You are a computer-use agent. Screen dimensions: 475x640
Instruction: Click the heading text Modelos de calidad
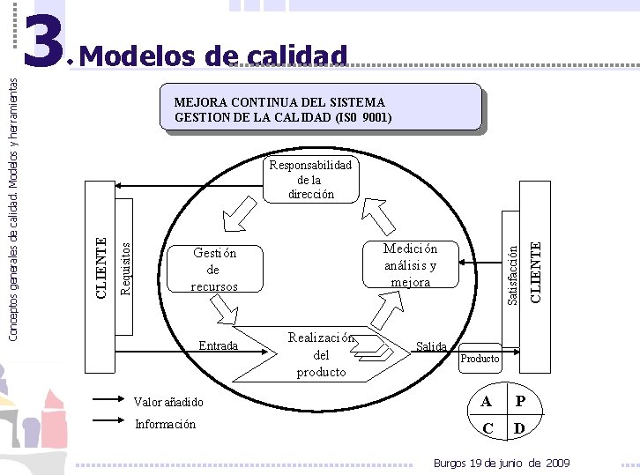click(217, 56)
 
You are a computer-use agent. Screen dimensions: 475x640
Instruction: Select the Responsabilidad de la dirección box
click(310, 180)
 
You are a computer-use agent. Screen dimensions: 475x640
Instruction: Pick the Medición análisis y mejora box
click(411, 265)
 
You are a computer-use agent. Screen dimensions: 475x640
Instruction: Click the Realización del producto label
click(321, 355)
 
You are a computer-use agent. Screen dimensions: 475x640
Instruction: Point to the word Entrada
click(218, 345)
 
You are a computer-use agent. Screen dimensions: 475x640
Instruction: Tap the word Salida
click(432, 346)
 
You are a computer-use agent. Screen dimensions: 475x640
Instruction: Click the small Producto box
click(480, 358)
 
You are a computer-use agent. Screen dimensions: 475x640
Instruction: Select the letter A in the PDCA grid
click(487, 402)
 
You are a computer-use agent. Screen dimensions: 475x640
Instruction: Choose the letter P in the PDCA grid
click(521, 402)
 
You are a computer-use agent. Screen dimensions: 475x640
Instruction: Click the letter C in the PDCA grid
click(487, 429)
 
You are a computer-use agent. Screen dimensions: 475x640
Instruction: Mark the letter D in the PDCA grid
click(521, 429)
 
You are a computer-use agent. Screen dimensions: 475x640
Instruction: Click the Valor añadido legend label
click(168, 402)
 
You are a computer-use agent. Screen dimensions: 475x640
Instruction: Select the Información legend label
click(165, 424)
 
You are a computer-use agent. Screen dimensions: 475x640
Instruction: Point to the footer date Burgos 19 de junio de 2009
click(502, 464)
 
